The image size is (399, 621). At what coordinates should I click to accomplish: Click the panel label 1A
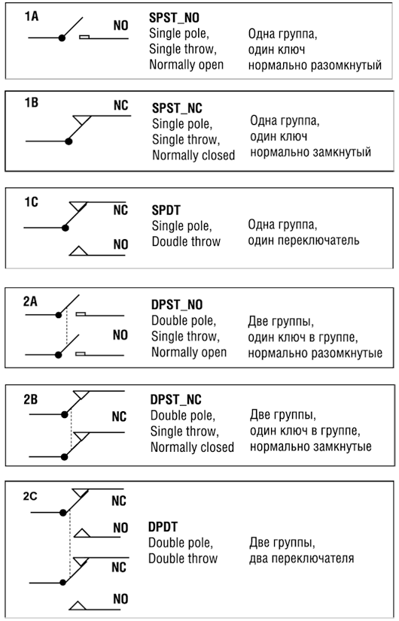tap(32, 17)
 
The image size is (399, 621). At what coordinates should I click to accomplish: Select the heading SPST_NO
tap(174, 18)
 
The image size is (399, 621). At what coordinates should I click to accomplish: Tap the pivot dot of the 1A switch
tap(62, 38)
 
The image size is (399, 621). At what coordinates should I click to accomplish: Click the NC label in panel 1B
tap(121, 106)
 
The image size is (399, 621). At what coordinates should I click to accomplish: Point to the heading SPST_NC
tap(177, 108)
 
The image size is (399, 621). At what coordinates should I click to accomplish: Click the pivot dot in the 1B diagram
tap(69, 141)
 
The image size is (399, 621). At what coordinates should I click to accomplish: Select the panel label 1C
tap(32, 202)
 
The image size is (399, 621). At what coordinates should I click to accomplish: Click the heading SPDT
tap(166, 211)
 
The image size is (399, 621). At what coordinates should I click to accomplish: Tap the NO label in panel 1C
tap(120, 244)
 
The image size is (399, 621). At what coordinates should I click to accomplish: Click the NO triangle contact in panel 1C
tap(78, 251)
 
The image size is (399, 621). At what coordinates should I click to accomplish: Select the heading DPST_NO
tap(177, 305)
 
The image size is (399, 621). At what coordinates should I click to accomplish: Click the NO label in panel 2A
tap(120, 335)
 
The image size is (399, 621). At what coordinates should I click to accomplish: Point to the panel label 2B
tap(31, 399)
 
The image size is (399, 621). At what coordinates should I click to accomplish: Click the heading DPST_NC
tap(175, 400)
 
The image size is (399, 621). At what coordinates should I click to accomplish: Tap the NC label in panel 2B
tap(119, 417)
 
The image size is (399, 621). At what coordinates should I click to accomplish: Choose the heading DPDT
tap(163, 527)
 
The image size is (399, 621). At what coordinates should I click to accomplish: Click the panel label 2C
tap(30, 496)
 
